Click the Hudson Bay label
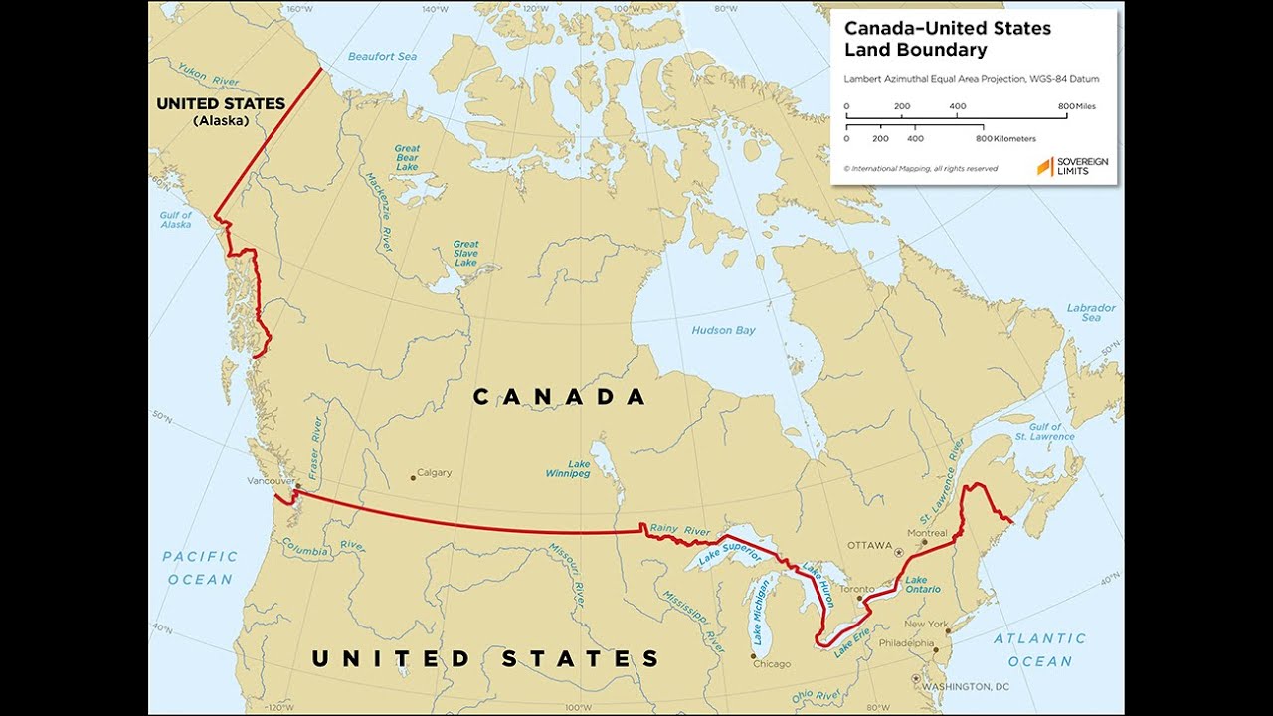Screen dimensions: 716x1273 tap(725, 330)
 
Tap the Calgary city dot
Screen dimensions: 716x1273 tap(413, 478)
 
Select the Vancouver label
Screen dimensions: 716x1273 tap(272, 480)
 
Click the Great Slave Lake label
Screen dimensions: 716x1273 tap(465, 253)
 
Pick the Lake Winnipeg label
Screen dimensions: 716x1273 tap(567, 469)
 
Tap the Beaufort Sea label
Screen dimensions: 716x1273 tap(382, 57)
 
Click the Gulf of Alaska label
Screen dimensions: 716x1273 tap(176, 221)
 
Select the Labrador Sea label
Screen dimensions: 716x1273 tap(1091, 313)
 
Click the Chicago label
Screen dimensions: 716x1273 tap(772, 663)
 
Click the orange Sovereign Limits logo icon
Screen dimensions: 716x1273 tap(1044, 167)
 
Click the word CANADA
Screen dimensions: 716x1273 tap(559, 397)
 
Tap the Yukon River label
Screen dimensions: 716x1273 tap(208, 76)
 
